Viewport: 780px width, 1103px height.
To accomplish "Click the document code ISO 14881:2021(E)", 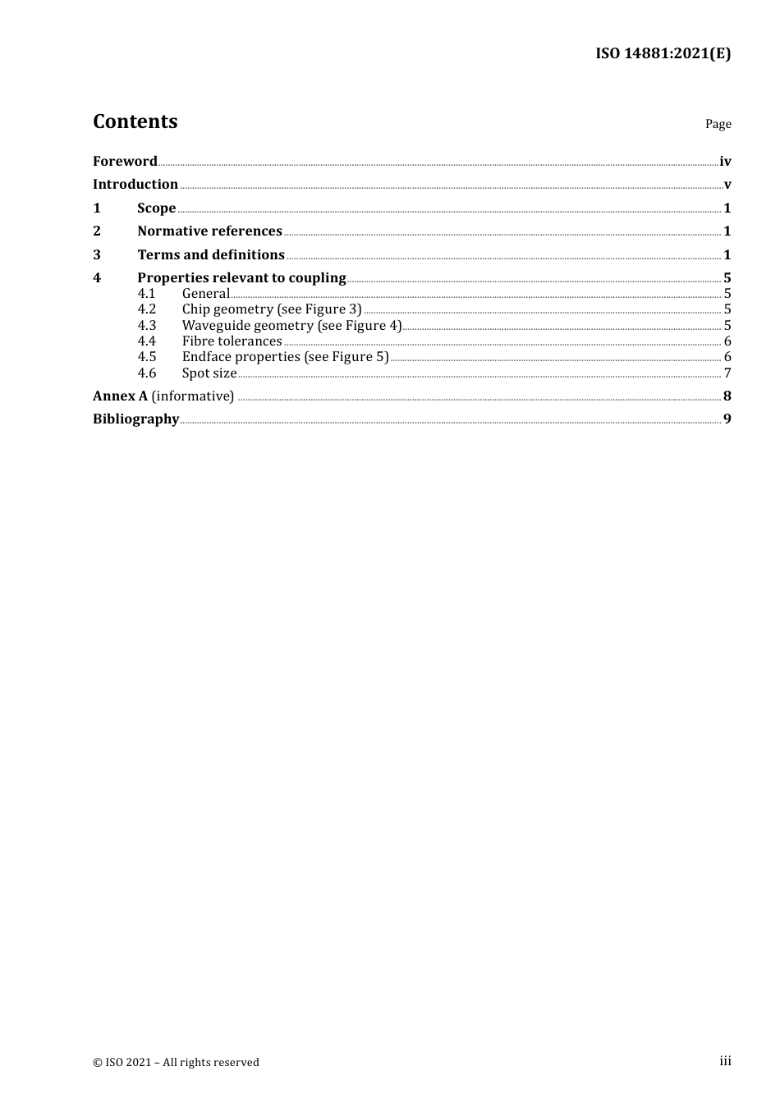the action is tap(663, 53).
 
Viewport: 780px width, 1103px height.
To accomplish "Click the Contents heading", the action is tap(135, 121).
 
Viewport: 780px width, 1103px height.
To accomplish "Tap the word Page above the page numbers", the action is tap(718, 124).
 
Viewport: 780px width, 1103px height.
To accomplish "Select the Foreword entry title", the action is tap(125, 161).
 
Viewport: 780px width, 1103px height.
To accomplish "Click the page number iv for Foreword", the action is tap(725, 162).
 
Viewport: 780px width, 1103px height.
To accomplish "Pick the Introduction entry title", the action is tap(135, 184).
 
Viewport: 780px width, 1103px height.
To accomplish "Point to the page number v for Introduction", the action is tap(727, 185).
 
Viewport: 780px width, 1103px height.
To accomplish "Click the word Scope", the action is tap(156, 208).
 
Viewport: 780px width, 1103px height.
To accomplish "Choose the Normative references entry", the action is tap(209, 231).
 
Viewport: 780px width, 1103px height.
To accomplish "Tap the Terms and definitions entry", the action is tap(211, 254).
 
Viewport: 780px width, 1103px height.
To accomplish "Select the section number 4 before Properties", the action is tap(97, 277).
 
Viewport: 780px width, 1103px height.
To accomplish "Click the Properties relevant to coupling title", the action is tap(241, 277).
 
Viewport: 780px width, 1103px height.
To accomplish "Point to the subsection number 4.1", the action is tap(146, 293).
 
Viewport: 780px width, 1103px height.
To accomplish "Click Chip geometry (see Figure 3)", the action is tap(272, 309).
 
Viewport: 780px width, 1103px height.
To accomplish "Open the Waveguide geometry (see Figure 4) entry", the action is tap(291, 325).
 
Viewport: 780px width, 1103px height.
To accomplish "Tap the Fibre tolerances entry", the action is tap(232, 341).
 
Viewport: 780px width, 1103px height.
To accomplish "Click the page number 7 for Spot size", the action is tap(727, 373).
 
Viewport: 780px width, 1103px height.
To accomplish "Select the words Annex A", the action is tap(120, 396).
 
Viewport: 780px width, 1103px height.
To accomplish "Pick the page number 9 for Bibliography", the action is tap(727, 419).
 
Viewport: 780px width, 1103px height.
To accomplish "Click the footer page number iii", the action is tap(725, 1061).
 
